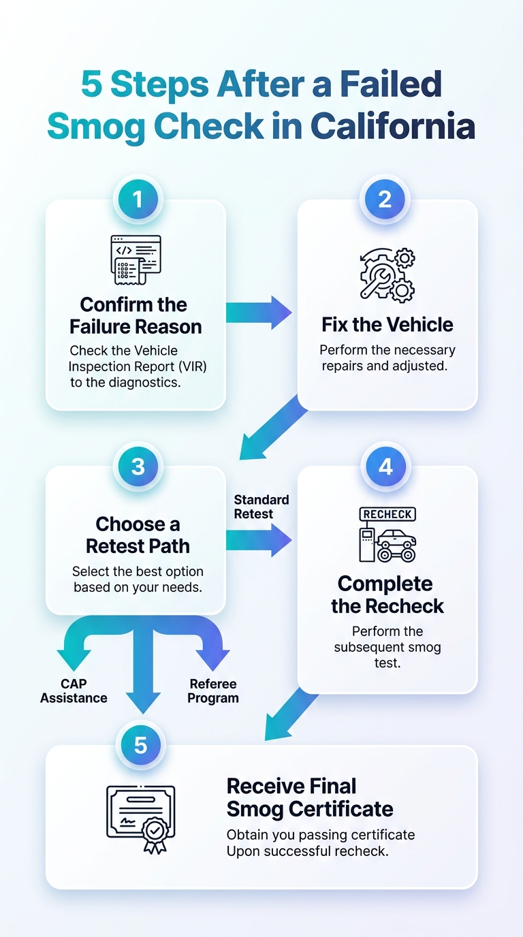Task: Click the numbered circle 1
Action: pos(138,200)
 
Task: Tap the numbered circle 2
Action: pos(385,200)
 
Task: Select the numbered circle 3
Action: pos(138,466)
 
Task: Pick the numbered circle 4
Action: pos(385,466)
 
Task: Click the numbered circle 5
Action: pos(140,745)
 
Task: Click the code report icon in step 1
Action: pos(136,259)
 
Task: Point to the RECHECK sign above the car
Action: pos(387,514)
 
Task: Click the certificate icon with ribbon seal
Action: pos(140,819)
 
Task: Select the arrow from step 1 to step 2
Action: pos(259,313)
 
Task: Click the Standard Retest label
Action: pos(261,507)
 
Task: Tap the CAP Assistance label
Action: pos(74,690)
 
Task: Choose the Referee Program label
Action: pos(213,690)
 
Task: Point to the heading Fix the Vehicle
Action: pos(387,325)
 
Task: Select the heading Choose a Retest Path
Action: pos(138,535)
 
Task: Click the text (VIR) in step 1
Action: pos(193,366)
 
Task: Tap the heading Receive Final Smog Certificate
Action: pos(310,797)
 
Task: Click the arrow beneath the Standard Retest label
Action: pos(259,540)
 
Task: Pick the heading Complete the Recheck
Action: pos(387,595)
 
